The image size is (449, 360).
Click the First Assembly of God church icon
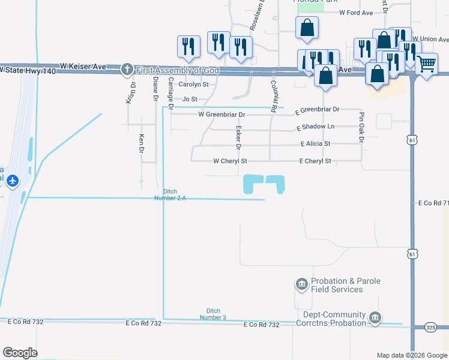[127, 70]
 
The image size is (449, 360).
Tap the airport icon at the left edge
[13, 180]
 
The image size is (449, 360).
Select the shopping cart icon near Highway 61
[426, 62]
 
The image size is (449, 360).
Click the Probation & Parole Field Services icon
[301, 283]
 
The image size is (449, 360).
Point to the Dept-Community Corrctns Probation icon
[375, 317]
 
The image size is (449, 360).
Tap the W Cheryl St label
[230, 161]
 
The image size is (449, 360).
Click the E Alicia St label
[315, 144]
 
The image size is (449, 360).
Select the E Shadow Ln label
[315, 127]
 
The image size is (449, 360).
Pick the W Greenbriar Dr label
[222, 114]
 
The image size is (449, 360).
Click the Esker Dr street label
[238, 137]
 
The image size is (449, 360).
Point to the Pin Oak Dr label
[361, 127]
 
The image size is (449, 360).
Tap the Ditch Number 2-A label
[166, 194]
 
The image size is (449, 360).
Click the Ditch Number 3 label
[213, 314]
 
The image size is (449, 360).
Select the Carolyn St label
[193, 85]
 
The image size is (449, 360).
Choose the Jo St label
[190, 99]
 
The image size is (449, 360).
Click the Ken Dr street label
[142, 143]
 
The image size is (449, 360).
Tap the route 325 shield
[430, 327]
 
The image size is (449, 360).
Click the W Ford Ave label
[357, 12]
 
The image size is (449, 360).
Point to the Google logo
[20, 353]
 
